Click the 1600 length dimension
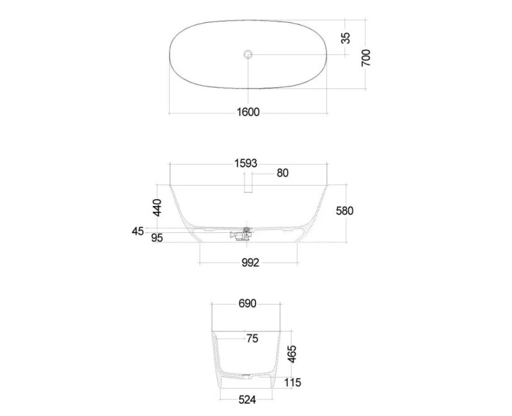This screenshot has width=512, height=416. pyautogui.click(x=248, y=112)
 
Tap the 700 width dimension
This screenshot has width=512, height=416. pyautogui.click(x=366, y=58)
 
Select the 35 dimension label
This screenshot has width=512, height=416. pyautogui.click(x=346, y=38)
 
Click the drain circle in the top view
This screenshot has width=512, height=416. pyautogui.click(x=248, y=54)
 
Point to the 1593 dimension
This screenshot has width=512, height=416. pyautogui.click(x=246, y=163)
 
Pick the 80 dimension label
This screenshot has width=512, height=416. pyautogui.click(x=282, y=173)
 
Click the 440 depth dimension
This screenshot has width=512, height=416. pyautogui.click(x=157, y=207)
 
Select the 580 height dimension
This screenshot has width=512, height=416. pyautogui.click(x=345, y=211)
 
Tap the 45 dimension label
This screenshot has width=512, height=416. pyautogui.click(x=138, y=231)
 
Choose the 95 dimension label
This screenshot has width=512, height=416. pyautogui.click(x=157, y=237)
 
